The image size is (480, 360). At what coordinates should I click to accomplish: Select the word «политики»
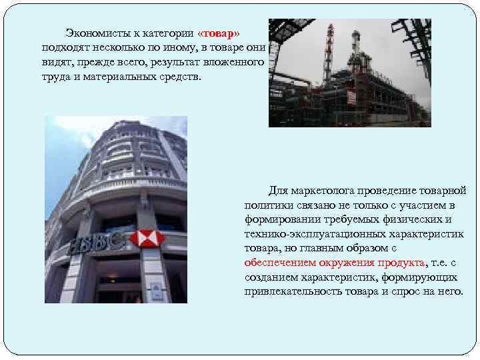(x=267, y=205)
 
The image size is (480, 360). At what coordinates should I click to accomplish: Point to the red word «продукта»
(x=400, y=263)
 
